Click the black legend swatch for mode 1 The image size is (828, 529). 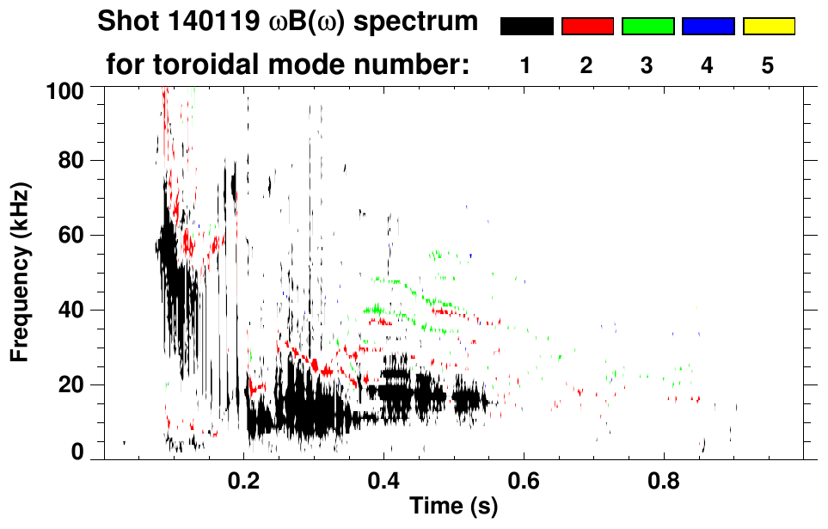[x=526, y=27]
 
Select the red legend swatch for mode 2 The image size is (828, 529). [x=587, y=27]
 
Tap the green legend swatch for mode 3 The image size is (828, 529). [x=647, y=27]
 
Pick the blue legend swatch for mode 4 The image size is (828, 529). [x=708, y=27]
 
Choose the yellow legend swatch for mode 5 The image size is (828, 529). [x=768, y=27]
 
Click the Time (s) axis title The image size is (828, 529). [x=452, y=507]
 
